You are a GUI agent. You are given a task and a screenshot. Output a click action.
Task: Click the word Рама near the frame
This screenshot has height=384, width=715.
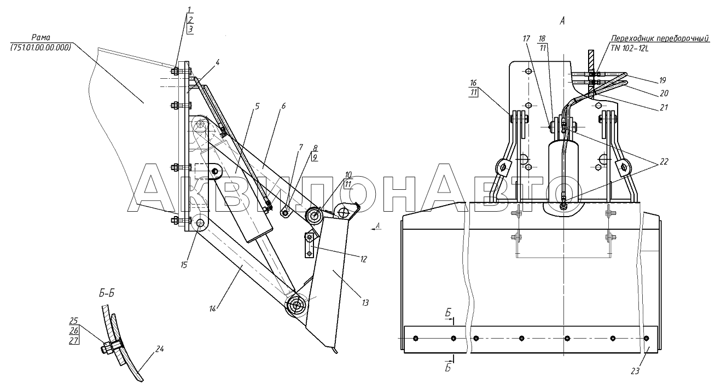[x=40, y=38]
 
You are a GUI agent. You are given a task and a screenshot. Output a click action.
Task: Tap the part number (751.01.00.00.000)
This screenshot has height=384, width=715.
[x=40, y=48]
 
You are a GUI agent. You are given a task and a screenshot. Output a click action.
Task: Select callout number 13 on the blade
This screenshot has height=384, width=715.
[x=365, y=302]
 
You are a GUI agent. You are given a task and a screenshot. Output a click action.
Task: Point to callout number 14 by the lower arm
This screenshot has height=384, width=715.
[x=213, y=309]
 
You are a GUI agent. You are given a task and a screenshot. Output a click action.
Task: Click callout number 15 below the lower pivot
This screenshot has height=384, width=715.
[x=184, y=265]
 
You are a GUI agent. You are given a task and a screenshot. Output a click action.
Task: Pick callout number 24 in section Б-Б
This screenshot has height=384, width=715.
[x=160, y=349]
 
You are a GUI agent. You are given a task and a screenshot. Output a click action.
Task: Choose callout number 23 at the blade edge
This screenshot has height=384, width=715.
[x=635, y=371]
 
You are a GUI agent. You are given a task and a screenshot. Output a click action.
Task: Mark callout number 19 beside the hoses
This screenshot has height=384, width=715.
[x=662, y=80]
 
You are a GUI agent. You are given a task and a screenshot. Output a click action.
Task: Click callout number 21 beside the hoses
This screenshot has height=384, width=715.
[x=664, y=108]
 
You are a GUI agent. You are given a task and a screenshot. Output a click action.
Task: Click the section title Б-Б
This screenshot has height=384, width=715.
[x=107, y=293]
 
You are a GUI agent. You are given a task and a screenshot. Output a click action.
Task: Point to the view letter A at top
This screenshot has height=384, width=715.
[x=562, y=21]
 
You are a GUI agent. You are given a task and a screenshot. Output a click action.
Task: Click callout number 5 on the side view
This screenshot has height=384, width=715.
[x=257, y=106]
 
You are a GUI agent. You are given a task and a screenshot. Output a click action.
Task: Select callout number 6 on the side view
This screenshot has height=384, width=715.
[x=283, y=106]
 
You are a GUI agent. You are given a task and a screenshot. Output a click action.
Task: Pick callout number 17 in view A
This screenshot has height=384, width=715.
[x=526, y=39]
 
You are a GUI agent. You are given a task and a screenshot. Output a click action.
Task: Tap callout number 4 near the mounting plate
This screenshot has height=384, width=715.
[x=217, y=62]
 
